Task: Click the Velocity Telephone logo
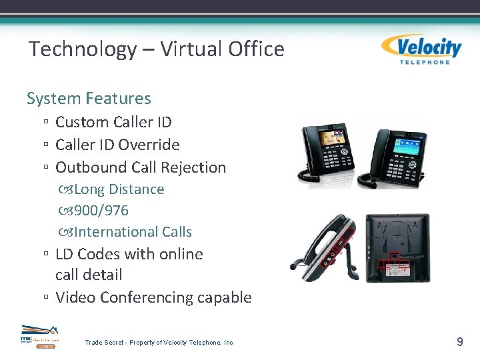421,49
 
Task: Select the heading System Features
89,99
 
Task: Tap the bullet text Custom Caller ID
113,122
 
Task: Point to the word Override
153,145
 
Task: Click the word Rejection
197,167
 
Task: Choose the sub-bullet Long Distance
119,189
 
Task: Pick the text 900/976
101,211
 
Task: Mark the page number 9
459,342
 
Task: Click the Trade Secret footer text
159,343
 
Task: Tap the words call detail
89,275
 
